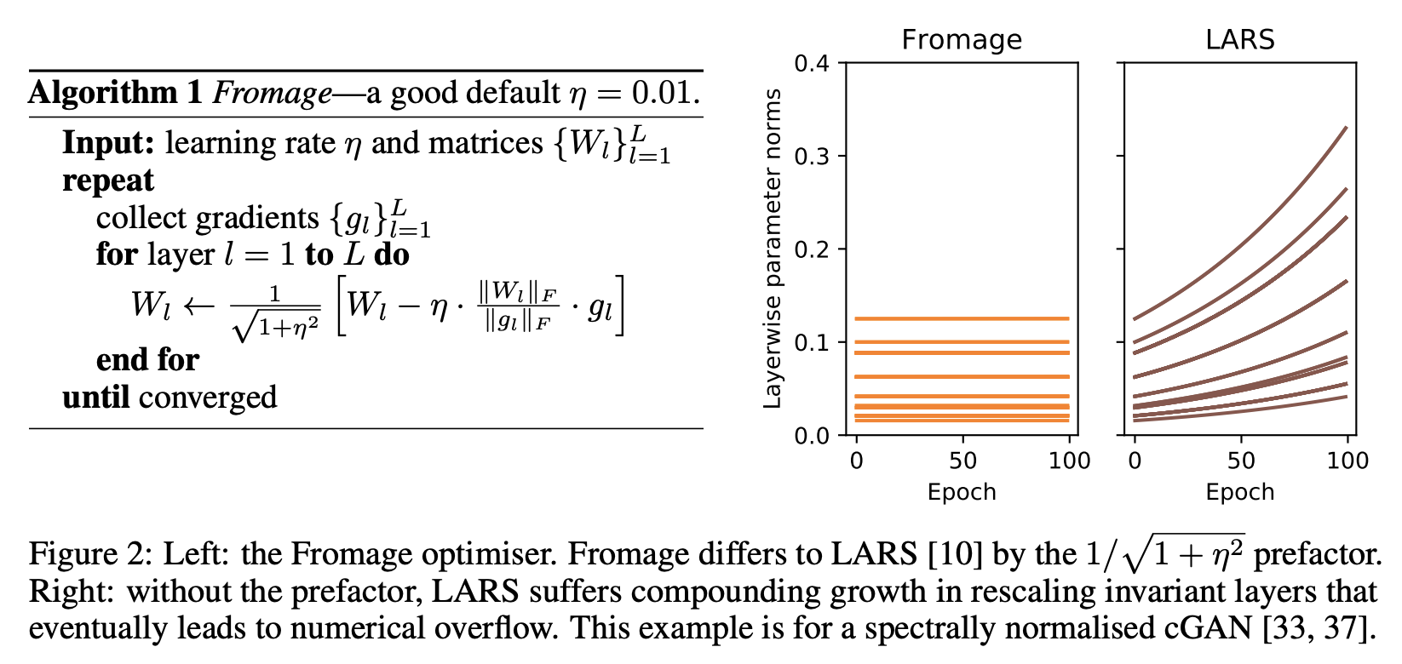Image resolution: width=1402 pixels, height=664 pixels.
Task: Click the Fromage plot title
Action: point(962,40)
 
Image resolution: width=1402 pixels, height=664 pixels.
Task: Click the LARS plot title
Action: point(1239,40)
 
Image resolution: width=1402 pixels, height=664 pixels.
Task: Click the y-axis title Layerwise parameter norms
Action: point(773,249)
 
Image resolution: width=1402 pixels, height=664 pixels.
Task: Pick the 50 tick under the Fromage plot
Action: point(962,461)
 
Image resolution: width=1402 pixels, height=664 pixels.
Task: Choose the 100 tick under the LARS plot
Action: point(1347,461)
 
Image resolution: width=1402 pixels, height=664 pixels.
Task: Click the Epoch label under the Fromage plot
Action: point(962,492)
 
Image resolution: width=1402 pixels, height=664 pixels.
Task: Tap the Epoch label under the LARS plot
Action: point(1239,492)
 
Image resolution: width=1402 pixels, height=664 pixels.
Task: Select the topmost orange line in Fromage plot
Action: point(962,319)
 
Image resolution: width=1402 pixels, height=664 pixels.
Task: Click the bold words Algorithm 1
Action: point(115,92)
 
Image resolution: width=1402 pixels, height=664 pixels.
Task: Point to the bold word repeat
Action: point(108,180)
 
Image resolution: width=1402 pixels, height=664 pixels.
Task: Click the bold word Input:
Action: point(108,143)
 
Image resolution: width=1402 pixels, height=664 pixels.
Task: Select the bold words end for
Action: point(147,359)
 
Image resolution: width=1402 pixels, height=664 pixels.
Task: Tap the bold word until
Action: point(95,397)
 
